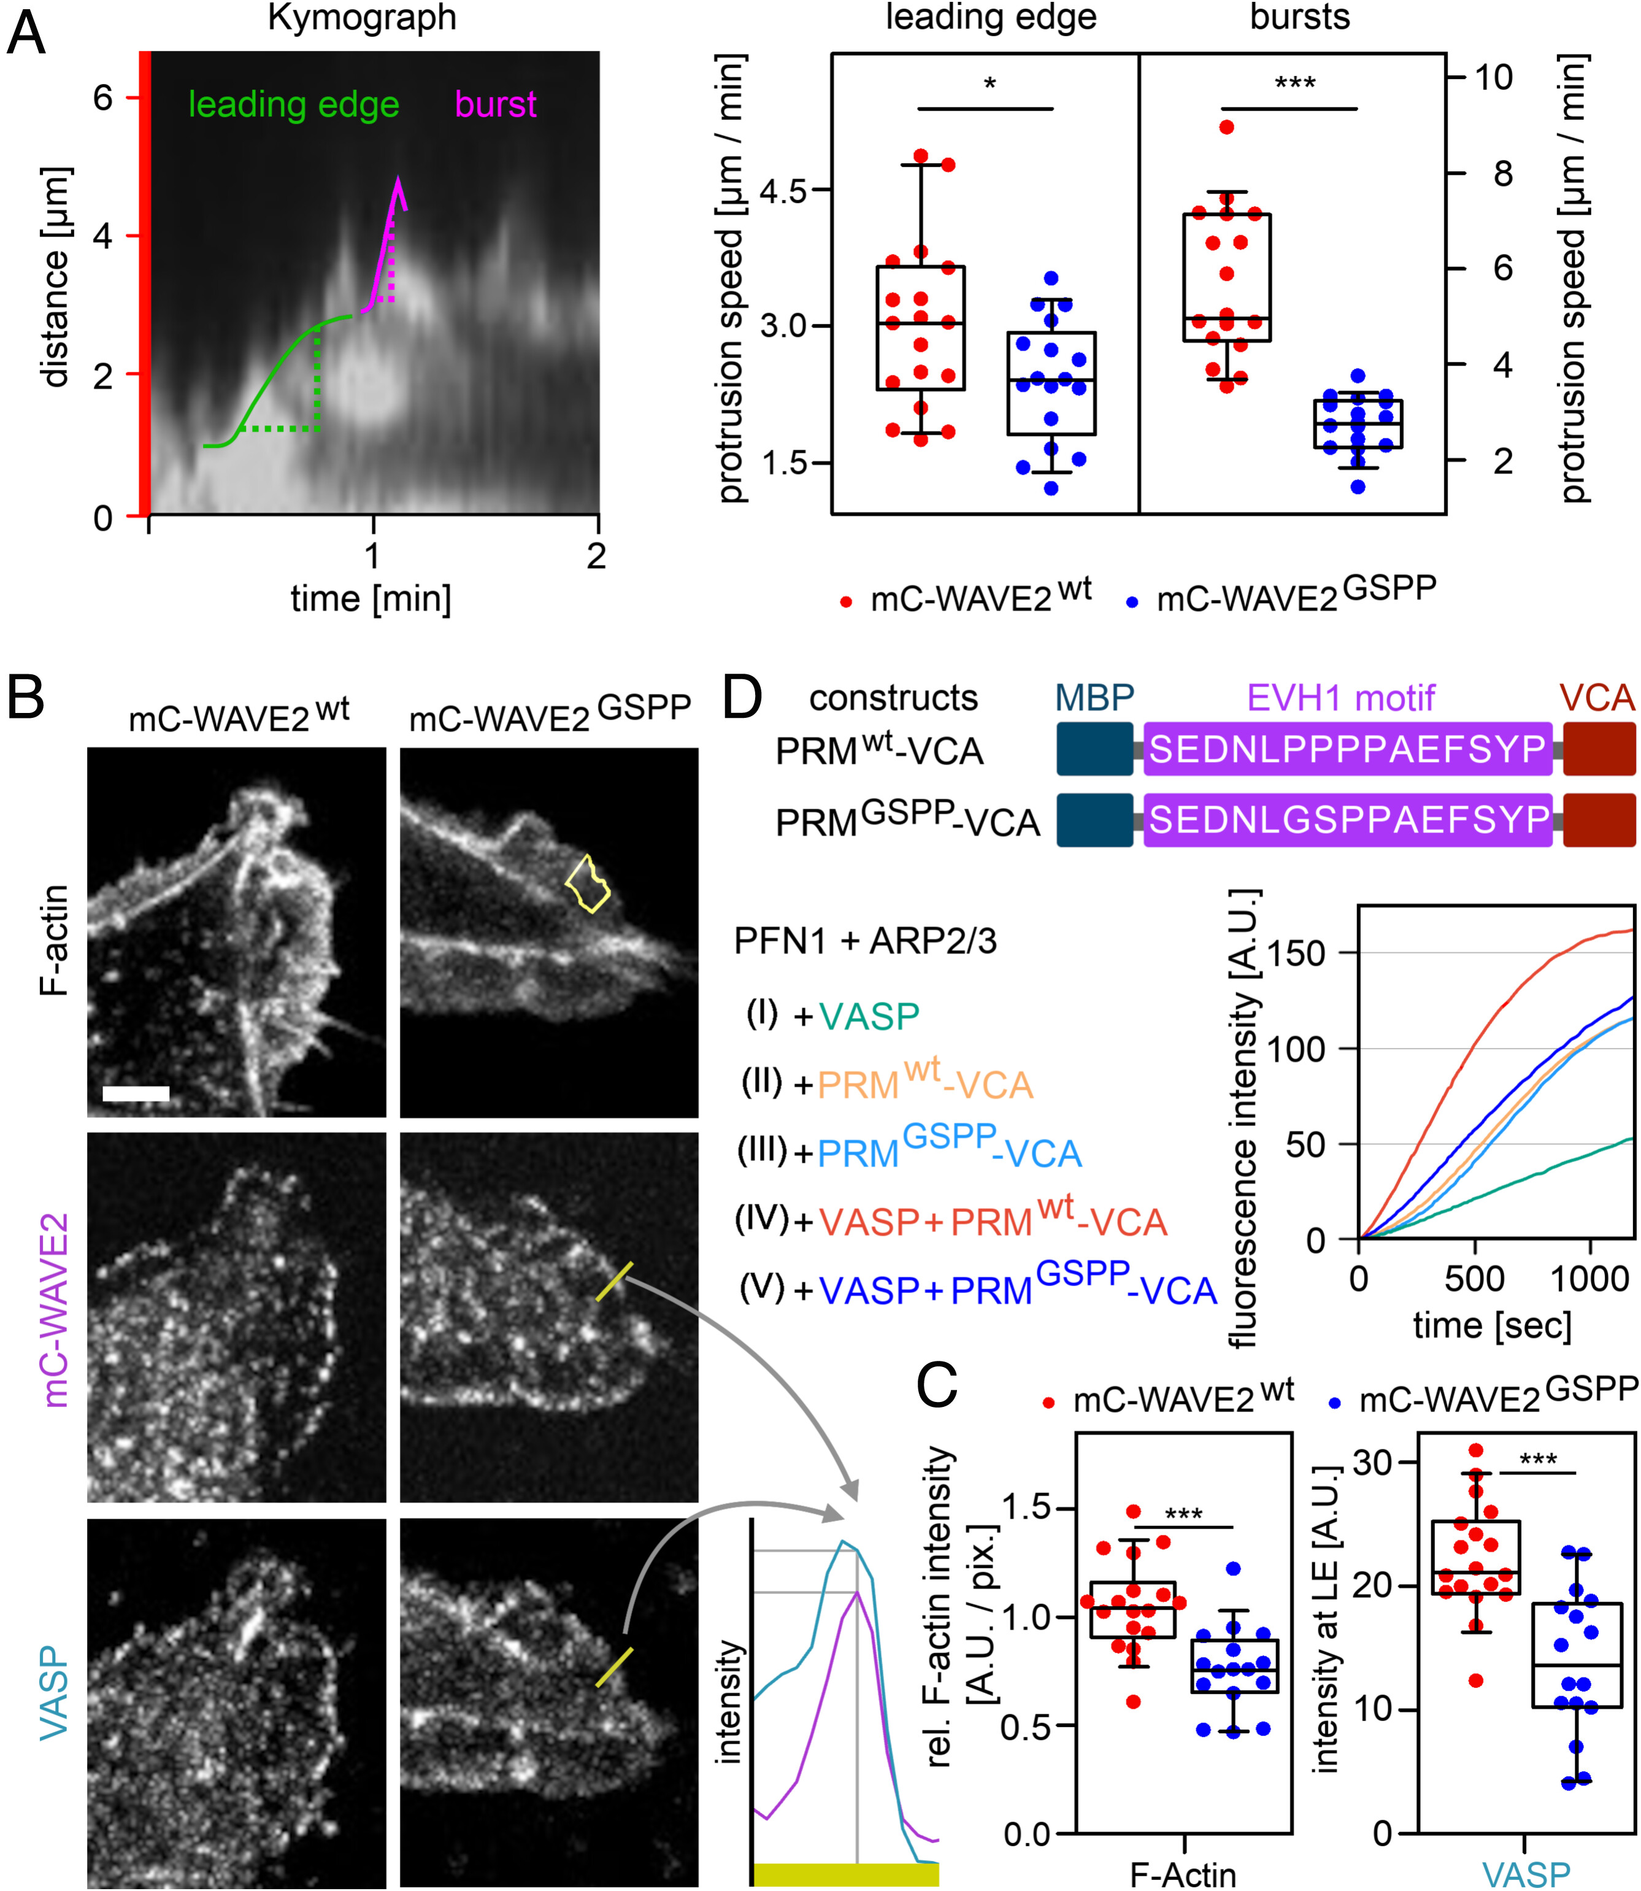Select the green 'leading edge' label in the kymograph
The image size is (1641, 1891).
point(293,106)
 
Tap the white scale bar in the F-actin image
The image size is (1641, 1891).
point(136,1093)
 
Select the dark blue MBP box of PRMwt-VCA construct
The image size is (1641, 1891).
point(1094,749)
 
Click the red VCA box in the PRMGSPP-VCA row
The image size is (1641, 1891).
point(1599,820)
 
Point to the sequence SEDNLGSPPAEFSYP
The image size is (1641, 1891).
point(1348,820)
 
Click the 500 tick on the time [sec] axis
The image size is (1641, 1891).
point(1474,1279)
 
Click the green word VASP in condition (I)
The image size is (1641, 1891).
point(869,1017)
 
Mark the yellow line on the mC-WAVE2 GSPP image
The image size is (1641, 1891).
point(613,1281)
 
